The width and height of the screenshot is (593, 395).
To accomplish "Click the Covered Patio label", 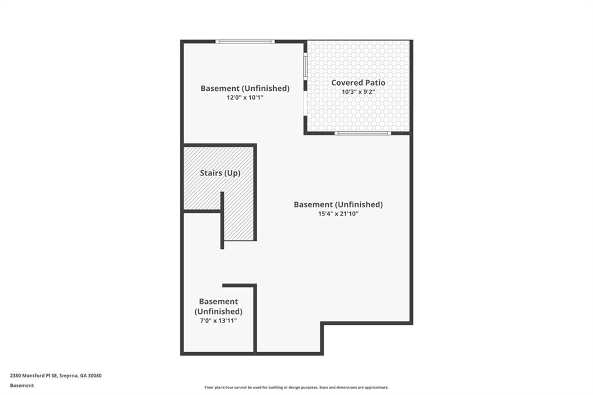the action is [x=358, y=82].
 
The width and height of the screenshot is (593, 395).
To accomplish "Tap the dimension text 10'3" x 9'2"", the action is [x=358, y=92].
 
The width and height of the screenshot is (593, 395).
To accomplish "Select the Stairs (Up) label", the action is [x=220, y=173].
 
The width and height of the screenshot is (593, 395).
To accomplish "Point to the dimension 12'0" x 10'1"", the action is [x=245, y=98].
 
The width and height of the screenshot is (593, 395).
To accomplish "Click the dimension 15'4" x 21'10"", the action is [x=338, y=214].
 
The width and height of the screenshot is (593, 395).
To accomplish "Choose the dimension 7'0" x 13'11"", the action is [x=218, y=321].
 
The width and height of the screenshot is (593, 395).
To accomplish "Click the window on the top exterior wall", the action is [x=245, y=41].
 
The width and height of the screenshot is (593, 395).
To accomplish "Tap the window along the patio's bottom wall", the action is [x=363, y=133].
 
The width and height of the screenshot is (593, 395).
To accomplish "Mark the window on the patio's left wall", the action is [x=305, y=66].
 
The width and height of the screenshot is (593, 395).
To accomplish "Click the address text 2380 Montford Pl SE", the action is [x=34, y=376].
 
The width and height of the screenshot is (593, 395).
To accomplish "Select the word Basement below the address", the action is [x=22, y=386].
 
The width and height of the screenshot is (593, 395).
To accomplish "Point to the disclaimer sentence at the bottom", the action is [x=296, y=387].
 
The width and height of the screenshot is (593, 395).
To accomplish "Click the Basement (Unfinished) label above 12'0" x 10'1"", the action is [x=245, y=88].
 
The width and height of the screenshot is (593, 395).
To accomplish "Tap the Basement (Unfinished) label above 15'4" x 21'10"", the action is [x=338, y=204].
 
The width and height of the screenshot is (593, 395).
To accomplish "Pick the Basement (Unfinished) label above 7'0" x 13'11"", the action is [x=218, y=306].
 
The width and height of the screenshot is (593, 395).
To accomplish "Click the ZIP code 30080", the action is [x=95, y=376].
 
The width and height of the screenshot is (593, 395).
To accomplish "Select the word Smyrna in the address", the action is [x=68, y=376].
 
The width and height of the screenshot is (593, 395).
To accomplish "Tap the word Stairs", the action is [x=211, y=173].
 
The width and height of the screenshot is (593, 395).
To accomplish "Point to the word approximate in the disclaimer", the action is [x=377, y=387].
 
